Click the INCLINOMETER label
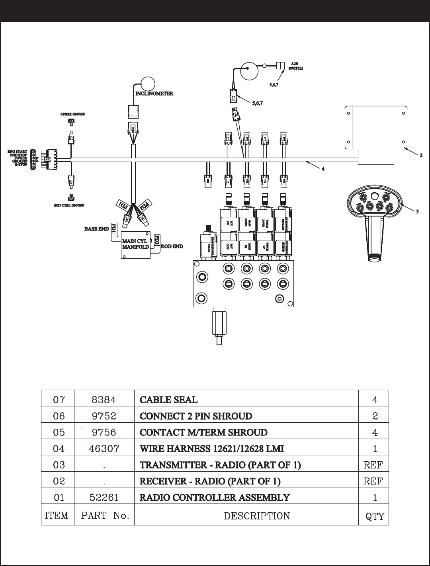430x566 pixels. [x=154, y=94]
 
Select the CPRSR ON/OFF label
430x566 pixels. [x=73, y=114]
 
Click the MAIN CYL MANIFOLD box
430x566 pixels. [x=135, y=244]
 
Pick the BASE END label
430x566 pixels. [x=96, y=229]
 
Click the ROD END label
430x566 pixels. [x=172, y=246]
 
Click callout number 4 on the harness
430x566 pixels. [x=323, y=169]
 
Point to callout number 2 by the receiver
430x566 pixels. [x=420, y=155]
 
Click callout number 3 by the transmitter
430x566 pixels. [x=417, y=212]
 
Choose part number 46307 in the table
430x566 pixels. [x=104, y=449]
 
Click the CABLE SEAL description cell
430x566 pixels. [x=168, y=400]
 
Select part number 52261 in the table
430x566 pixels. [x=104, y=498]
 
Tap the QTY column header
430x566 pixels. [x=375, y=516]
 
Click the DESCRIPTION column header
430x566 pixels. [x=257, y=516]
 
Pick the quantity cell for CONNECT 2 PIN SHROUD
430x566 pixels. [x=375, y=416]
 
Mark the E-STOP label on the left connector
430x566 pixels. [x=21, y=164]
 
